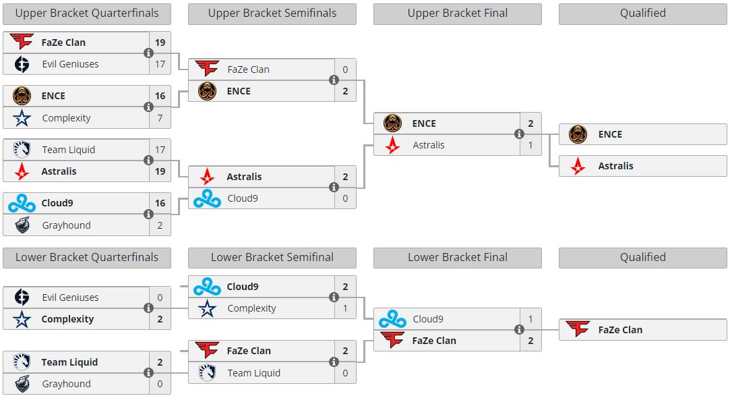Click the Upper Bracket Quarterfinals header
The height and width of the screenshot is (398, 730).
click(87, 13)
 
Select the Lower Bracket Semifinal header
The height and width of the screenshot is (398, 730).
click(272, 257)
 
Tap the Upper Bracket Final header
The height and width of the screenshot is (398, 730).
click(457, 13)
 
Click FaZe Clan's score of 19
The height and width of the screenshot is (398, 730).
click(160, 42)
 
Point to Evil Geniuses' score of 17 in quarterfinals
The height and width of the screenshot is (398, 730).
click(160, 64)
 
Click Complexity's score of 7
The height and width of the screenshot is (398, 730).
click(160, 118)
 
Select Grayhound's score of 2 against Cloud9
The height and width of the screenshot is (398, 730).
click(160, 225)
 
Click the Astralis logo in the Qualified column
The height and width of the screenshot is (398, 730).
click(578, 166)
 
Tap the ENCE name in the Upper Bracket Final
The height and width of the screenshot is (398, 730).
click(424, 123)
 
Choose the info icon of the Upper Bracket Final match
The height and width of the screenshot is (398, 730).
click(519, 134)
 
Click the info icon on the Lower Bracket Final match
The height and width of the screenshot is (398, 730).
click(519, 330)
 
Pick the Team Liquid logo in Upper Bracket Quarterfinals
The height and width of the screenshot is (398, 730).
click(22, 150)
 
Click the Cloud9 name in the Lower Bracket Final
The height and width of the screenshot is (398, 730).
click(428, 319)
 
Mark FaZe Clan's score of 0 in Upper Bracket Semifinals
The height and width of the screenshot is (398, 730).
click(345, 69)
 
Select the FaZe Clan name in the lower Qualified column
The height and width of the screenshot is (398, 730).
click(620, 330)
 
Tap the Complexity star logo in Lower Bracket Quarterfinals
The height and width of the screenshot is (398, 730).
click(22, 319)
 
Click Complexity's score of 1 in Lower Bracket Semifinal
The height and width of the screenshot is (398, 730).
click(345, 308)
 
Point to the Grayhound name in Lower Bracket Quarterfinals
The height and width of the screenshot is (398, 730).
click(66, 384)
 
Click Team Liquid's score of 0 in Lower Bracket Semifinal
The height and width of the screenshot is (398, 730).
click(345, 373)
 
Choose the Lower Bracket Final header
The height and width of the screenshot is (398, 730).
click(457, 257)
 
